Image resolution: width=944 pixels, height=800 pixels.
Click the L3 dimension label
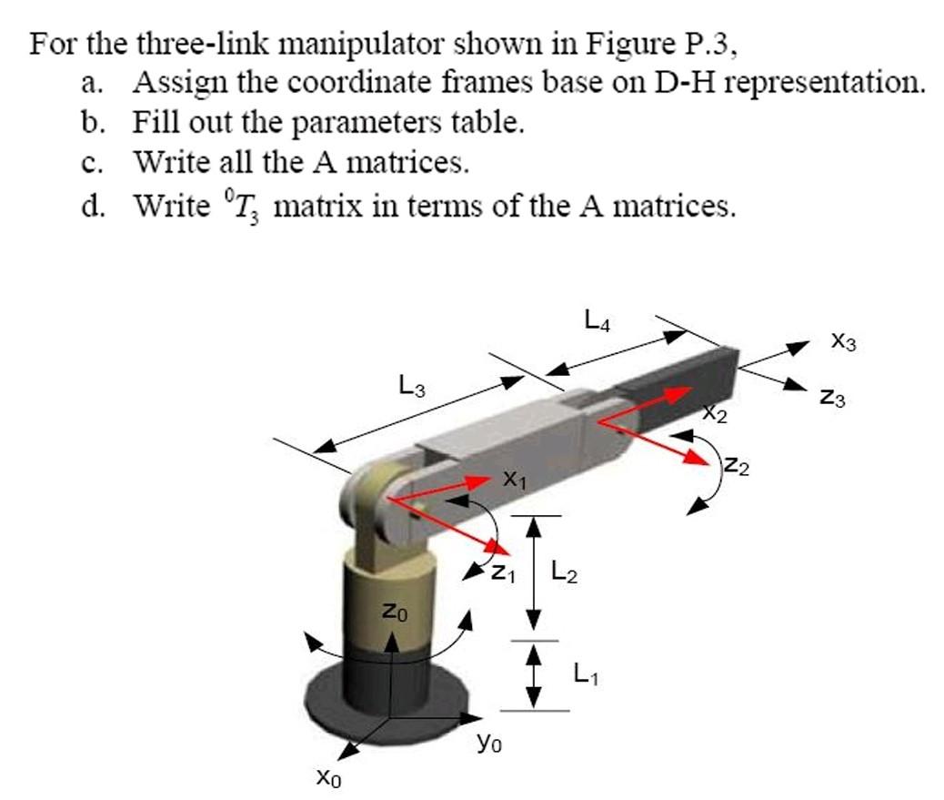(x=411, y=387)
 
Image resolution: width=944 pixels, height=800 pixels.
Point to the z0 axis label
(x=390, y=613)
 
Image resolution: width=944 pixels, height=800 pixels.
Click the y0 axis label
(x=489, y=744)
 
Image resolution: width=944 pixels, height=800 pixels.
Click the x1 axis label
(x=514, y=479)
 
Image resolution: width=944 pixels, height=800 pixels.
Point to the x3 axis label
(x=844, y=342)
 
